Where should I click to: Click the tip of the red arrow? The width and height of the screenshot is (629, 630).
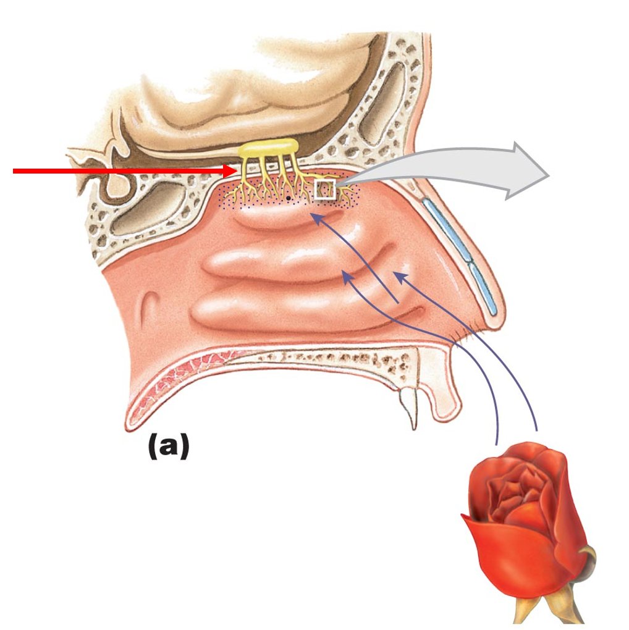tap(237, 171)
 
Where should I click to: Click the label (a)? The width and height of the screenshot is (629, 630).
tap(168, 447)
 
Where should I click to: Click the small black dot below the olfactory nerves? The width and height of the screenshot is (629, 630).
tap(288, 198)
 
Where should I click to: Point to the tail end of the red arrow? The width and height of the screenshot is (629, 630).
tap(15, 171)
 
